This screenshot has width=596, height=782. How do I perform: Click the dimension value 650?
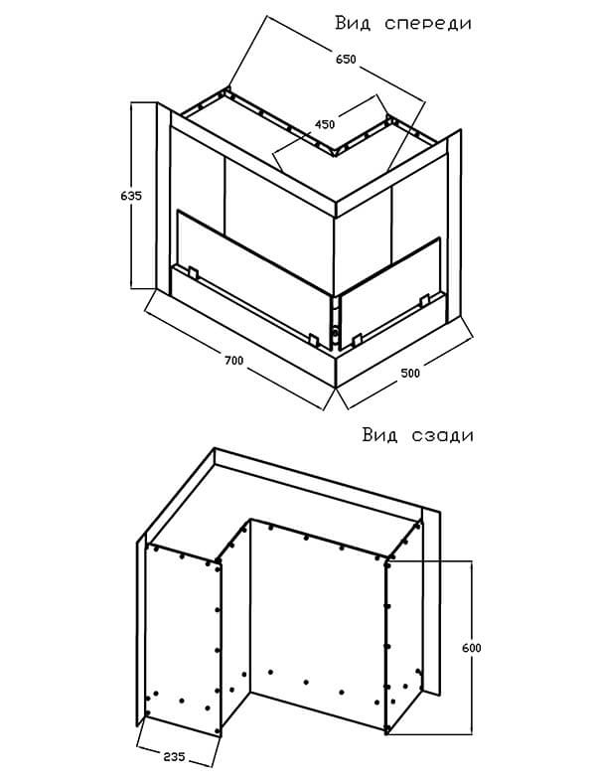pyautogui.click(x=346, y=60)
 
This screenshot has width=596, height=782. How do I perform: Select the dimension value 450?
pyautogui.click(x=325, y=124)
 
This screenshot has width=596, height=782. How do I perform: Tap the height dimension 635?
pyautogui.click(x=131, y=196)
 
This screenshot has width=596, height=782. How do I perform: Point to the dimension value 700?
pyautogui.click(x=233, y=359)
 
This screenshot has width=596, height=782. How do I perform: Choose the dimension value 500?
pyautogui.click(x=410, y=373)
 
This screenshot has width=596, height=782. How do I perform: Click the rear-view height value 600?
pyautogui.click(x=471, y=648)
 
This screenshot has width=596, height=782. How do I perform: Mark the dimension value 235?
pyautogui.click(x=174, y=756)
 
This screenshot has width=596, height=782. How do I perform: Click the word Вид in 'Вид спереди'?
pyautogui.click(x=353, y=24)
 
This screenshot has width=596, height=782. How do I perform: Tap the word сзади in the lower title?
pyautogui.click(x=443, y=435)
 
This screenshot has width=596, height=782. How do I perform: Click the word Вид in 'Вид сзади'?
pyautogui.click(x=380, y=435)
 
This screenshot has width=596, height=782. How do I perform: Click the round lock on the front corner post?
pyautogui.click(x=336, y=330)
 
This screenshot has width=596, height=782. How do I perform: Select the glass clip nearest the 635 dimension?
pyautogui.click(x=193, y=273)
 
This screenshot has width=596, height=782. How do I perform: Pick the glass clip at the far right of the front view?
pyautogui.click(x=424, y=300)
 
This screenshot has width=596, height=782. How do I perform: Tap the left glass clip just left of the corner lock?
pyautogui.click(x=313, y=340)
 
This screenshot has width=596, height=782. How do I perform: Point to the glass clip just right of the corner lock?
pyautogui.click(x=356, y=341)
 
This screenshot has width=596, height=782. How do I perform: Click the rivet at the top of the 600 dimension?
pyautogui.click(x=387, y=562)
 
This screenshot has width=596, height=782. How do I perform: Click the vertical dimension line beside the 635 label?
pyautogui.click(x=131, y=195)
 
